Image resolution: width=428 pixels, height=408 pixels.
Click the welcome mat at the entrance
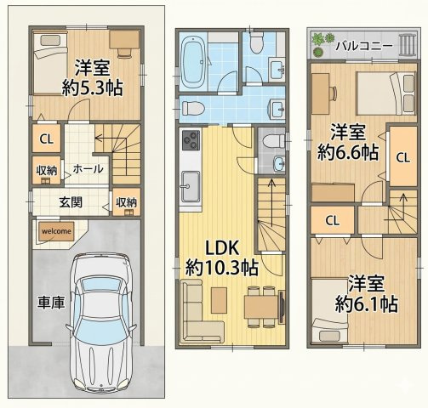[x=55, y=230]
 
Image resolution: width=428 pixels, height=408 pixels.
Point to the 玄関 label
[x=71, y=201]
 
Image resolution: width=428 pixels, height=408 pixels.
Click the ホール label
[x=88, y=169]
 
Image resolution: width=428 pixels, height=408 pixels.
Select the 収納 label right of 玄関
[x=125, y=202]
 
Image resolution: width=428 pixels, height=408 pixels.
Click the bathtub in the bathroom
[x=195, y=60]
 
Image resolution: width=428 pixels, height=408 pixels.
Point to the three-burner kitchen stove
[x=189, y=141]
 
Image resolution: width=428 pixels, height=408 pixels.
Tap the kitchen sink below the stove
[x=189, y=184]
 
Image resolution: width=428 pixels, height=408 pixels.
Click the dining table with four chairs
[x=261, y=305]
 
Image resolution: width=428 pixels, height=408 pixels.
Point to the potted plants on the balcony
[x=322, y=41]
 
